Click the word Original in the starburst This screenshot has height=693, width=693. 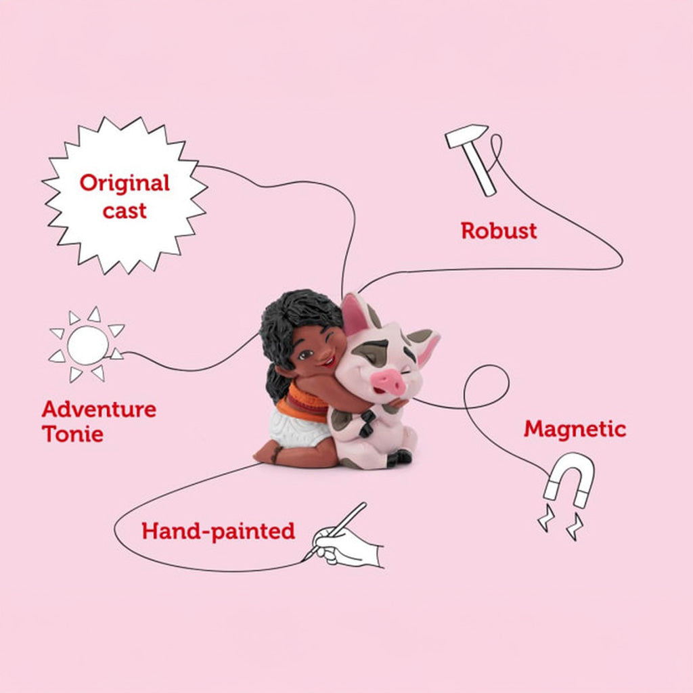tap(125, 183)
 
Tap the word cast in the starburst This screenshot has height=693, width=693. tap(125, 211)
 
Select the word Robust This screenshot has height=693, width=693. tap(499, 231)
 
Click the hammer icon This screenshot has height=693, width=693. tap(471, 159)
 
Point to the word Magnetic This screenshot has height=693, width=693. tap(575, 428)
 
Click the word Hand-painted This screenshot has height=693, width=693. tap(219, 531)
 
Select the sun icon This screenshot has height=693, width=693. tap(87, 344)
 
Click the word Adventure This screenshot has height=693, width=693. tap(99, 409)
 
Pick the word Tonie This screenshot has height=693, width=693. tap(73, 434)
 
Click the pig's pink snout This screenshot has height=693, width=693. tap(388, 381)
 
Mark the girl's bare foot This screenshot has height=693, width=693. tap(268, 455)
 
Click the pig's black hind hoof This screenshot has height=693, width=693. tap(400, 458)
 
